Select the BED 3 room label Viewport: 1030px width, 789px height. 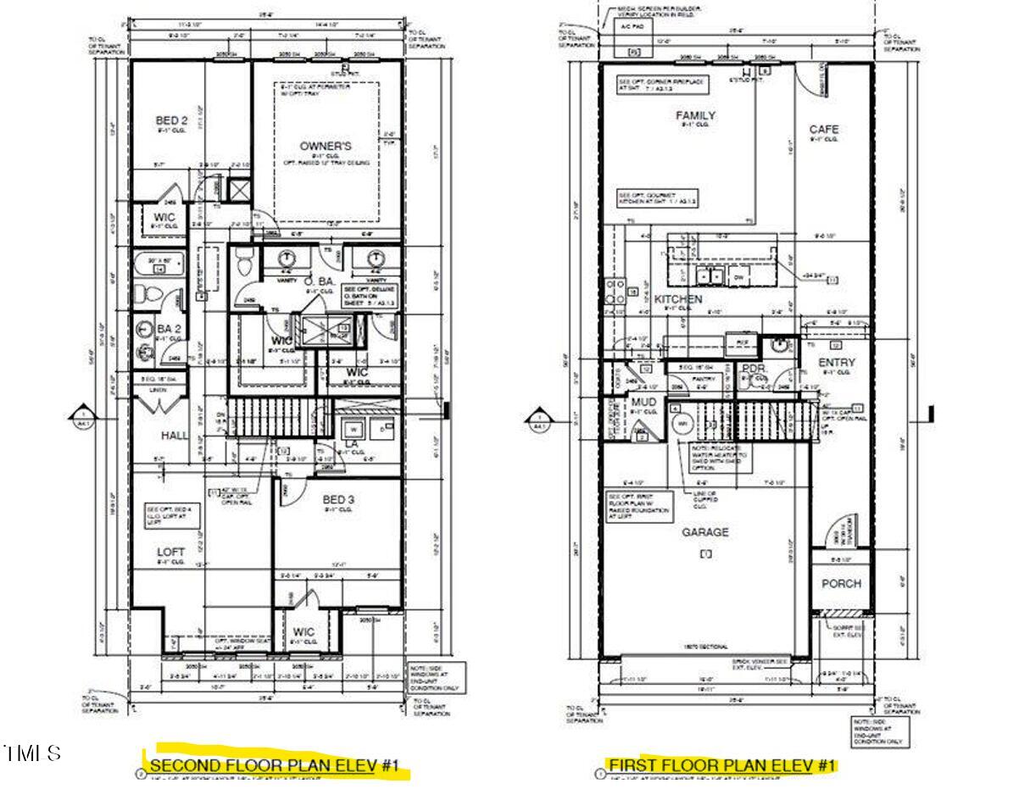point(338,499)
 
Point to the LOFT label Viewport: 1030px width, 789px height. point(170,552)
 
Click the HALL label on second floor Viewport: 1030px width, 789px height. point(175,435)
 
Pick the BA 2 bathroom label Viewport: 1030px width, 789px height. point(169,328)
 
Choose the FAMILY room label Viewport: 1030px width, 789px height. point(695,115)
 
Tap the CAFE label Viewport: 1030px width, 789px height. point(823,130)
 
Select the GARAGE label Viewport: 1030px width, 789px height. point(705,532)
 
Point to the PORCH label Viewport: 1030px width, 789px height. point(841,583)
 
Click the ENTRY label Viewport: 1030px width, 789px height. point(837,363)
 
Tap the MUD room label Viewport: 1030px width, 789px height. point(643,402)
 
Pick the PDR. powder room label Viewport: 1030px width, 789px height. point(754,369)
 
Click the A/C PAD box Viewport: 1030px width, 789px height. point(626,26)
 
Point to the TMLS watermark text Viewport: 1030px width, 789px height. point(32,753)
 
